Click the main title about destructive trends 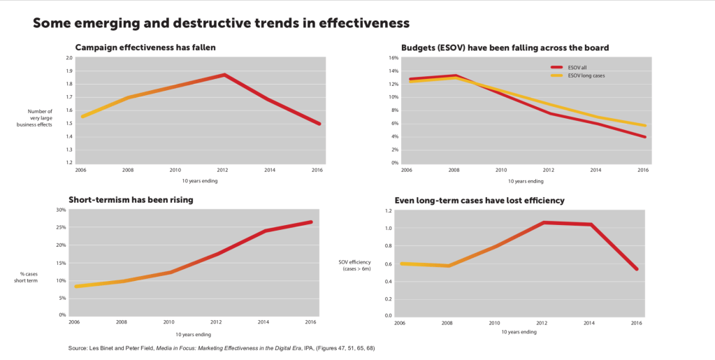221,23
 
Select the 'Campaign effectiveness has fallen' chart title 145,48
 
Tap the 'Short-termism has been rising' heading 131,199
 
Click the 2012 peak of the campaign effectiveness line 224,75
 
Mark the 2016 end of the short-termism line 311,222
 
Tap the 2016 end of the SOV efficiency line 637,269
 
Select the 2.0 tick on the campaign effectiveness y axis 68,58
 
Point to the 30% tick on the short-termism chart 61,210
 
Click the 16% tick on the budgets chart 393,58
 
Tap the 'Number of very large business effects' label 40,117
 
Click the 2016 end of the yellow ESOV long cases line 645,126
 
